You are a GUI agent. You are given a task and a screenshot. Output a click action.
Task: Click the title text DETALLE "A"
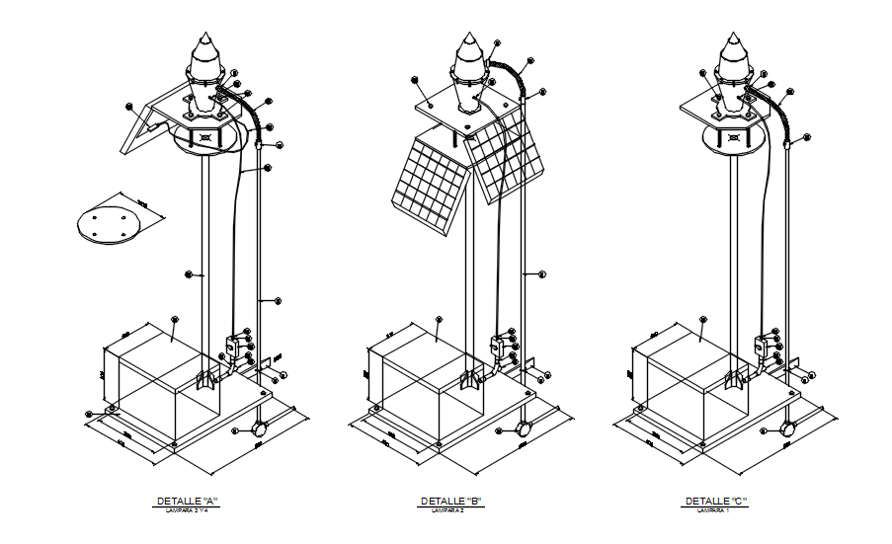[187, 502]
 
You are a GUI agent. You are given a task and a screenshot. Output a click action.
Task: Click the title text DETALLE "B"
[450, 502]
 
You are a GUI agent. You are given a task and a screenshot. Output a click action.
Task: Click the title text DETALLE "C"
[716, 502]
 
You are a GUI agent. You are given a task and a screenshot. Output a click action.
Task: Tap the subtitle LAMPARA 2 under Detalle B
[450, 510]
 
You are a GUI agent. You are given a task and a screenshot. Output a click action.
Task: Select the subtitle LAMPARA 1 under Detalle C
[716, 510]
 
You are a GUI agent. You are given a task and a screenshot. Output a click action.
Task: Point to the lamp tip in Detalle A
[205, 41]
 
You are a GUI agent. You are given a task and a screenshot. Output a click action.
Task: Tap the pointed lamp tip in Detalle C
[734, 41]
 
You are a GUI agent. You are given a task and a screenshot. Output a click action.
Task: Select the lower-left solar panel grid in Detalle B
[429, 184]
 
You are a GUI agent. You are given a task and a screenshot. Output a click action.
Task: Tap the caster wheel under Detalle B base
[525, 429]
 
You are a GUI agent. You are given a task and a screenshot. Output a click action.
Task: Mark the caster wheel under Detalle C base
[788, 429]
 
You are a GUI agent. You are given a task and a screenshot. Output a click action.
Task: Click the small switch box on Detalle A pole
[231, 348]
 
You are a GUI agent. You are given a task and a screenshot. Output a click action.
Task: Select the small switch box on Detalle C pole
[763, 348]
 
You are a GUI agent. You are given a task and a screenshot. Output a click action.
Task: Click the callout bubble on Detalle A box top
[175, 319]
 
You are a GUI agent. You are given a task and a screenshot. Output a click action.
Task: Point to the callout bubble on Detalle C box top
[703, 319]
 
